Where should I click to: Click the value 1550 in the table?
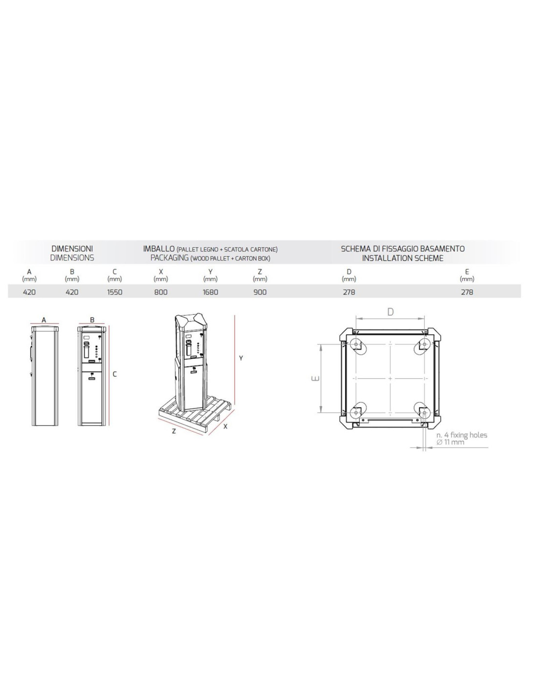pos(115,292)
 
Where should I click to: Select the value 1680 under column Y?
pos(210,292)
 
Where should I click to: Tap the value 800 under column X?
pos(161,292)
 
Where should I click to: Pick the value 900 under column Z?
pos(260,292)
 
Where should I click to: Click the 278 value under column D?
pos(349,292)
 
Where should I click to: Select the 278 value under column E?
pos(467,292)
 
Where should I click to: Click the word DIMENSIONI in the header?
pos(72,248)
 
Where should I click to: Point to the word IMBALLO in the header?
pos(159,248)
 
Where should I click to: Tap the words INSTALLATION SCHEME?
pos(403,258)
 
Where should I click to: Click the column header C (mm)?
pos(115,275)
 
